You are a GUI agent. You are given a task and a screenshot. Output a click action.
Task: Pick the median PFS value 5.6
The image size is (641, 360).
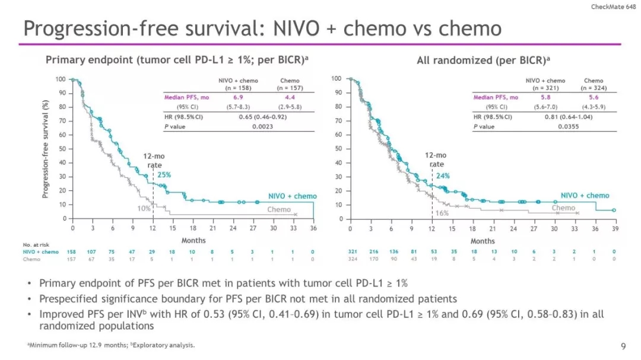tap(594, 97)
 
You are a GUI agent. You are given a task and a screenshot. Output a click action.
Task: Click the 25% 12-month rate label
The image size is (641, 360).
tap(164, 174)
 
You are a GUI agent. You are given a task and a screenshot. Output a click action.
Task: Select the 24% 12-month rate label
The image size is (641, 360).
tap(443, 176)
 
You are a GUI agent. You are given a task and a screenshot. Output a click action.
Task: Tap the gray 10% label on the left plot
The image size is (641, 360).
tap(144, 208)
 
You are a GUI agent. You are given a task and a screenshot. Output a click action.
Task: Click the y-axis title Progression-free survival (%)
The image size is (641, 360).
tap(45, 148)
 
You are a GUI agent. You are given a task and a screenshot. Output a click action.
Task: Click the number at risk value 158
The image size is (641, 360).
tap(73, 251)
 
